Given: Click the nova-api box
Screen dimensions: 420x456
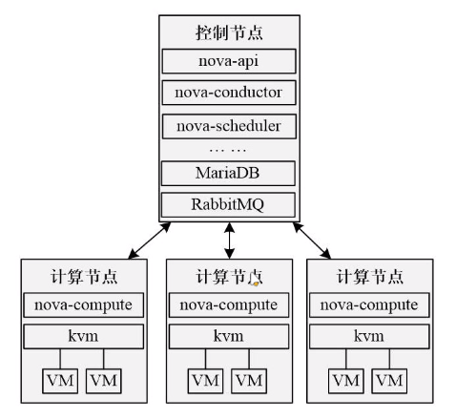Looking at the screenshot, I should (228, 62).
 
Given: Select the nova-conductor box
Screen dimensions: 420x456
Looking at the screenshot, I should (228, 94).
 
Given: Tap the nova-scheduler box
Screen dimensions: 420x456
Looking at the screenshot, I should (228, 125).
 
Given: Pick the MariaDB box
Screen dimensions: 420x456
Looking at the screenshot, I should (228, 174).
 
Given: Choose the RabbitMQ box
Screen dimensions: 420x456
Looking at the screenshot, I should (228, 203).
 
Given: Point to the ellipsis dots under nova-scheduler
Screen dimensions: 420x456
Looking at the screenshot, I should (228, 150).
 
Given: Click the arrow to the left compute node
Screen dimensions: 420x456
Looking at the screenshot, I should (145, 240).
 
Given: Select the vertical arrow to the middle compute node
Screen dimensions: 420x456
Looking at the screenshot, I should (229, 241).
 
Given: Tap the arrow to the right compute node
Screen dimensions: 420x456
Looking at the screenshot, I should (312, 240).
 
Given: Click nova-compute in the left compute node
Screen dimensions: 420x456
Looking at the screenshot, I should (84, 305).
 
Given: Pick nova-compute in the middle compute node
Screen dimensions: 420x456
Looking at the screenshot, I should (228, 306).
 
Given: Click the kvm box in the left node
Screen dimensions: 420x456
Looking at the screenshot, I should (84, 337).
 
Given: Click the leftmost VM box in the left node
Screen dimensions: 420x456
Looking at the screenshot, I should (58, 381).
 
